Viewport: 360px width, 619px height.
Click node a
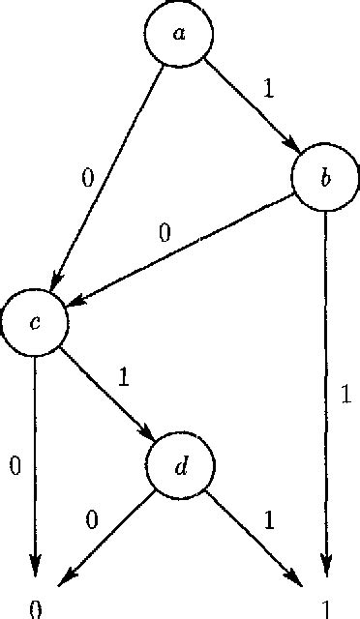(x=179, y=34)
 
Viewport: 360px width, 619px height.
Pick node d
(x=181, y=467)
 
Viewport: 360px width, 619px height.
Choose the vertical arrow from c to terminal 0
(x=36, y=464)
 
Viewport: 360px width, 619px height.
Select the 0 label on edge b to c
(x=165, y=233)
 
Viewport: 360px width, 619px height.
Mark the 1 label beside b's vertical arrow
(x=343, y=395)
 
